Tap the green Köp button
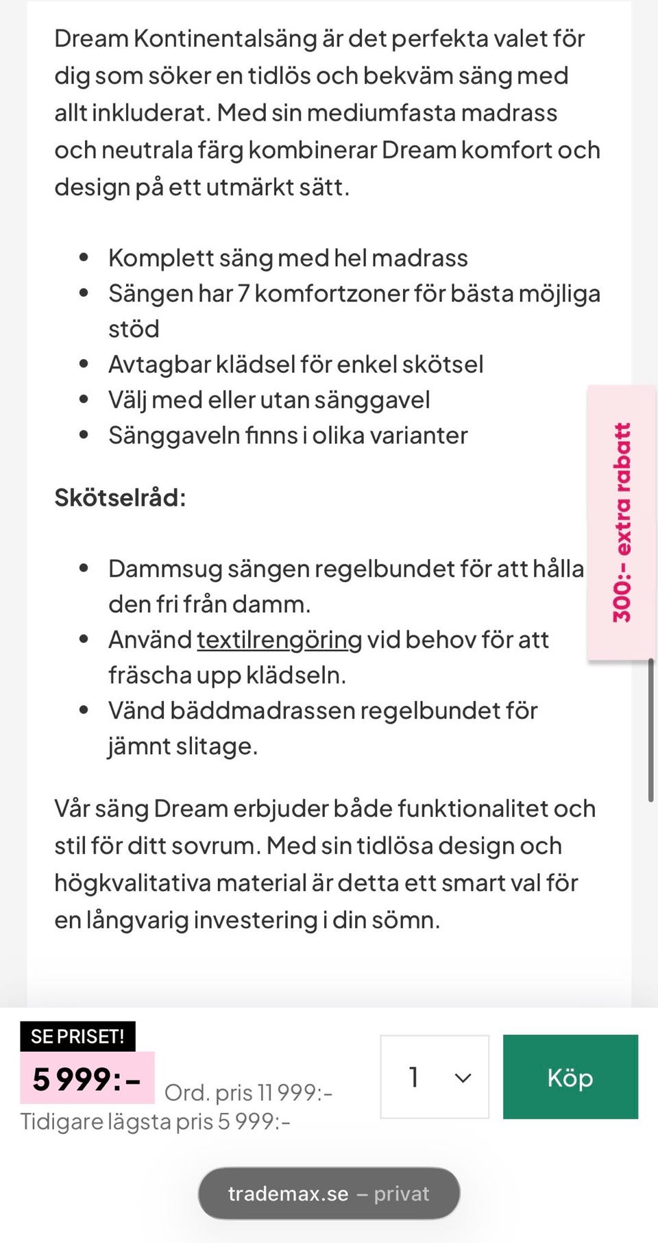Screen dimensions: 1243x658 tap(570, 1076)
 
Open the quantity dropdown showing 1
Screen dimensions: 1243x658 tap(434, 1076)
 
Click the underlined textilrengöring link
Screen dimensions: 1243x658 tap(279, 639)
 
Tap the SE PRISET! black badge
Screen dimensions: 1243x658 tap(77, 1036)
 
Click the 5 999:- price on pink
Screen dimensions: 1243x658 tap(87, 1079)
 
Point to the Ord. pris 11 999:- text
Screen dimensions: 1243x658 tap(248, 1092)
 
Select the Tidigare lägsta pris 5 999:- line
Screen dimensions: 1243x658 tap(156, 1122)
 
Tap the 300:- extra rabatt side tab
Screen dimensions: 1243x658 tap(621, 522)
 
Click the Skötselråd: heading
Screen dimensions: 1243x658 tap(120, 497)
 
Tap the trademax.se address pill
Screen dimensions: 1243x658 tap(328, 1193)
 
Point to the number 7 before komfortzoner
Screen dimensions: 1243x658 tap(243, 293)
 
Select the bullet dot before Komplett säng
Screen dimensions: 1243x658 tap(84, 258)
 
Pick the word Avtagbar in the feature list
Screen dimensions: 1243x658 tap(159, 365)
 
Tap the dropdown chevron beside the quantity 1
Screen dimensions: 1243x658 tap(463, 1078)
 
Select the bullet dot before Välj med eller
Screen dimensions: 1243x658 tap(84, 399)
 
